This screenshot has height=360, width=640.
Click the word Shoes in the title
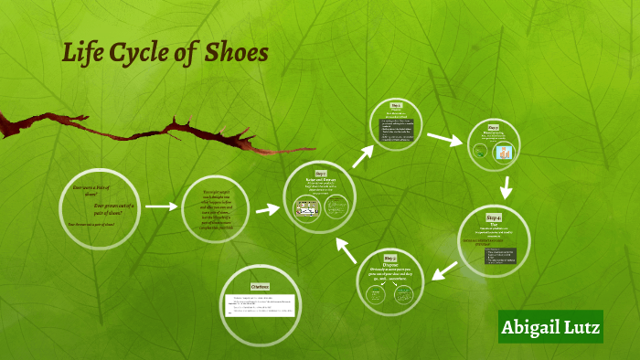(236, 53)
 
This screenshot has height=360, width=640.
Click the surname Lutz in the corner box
(581, 327)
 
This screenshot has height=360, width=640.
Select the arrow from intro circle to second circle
(161, 206)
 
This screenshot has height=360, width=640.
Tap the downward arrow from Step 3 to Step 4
(506, 188)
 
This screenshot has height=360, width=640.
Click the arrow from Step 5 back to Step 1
(347, 251)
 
